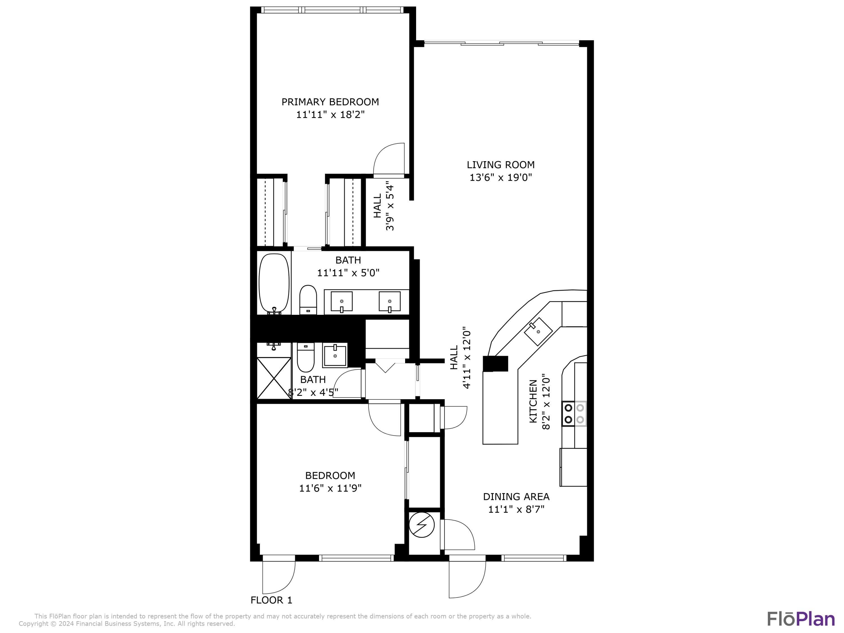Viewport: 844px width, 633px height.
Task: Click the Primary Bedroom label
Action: [x=330, y=102]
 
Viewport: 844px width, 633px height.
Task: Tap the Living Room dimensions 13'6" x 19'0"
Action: [x=500, y=178]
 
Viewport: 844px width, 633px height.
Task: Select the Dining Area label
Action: [x=516, y=497]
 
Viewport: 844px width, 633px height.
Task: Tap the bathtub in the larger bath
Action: [x=274, y=283]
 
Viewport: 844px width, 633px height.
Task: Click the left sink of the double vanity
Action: [x=341, y=301]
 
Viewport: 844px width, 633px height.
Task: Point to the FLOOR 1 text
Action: [x=271, y=600]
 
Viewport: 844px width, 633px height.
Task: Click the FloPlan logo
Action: [x=800, y=619]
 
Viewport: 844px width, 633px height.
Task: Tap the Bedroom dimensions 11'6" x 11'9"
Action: [x=330, y=488]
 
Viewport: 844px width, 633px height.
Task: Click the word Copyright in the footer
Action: [x=33, y=624]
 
